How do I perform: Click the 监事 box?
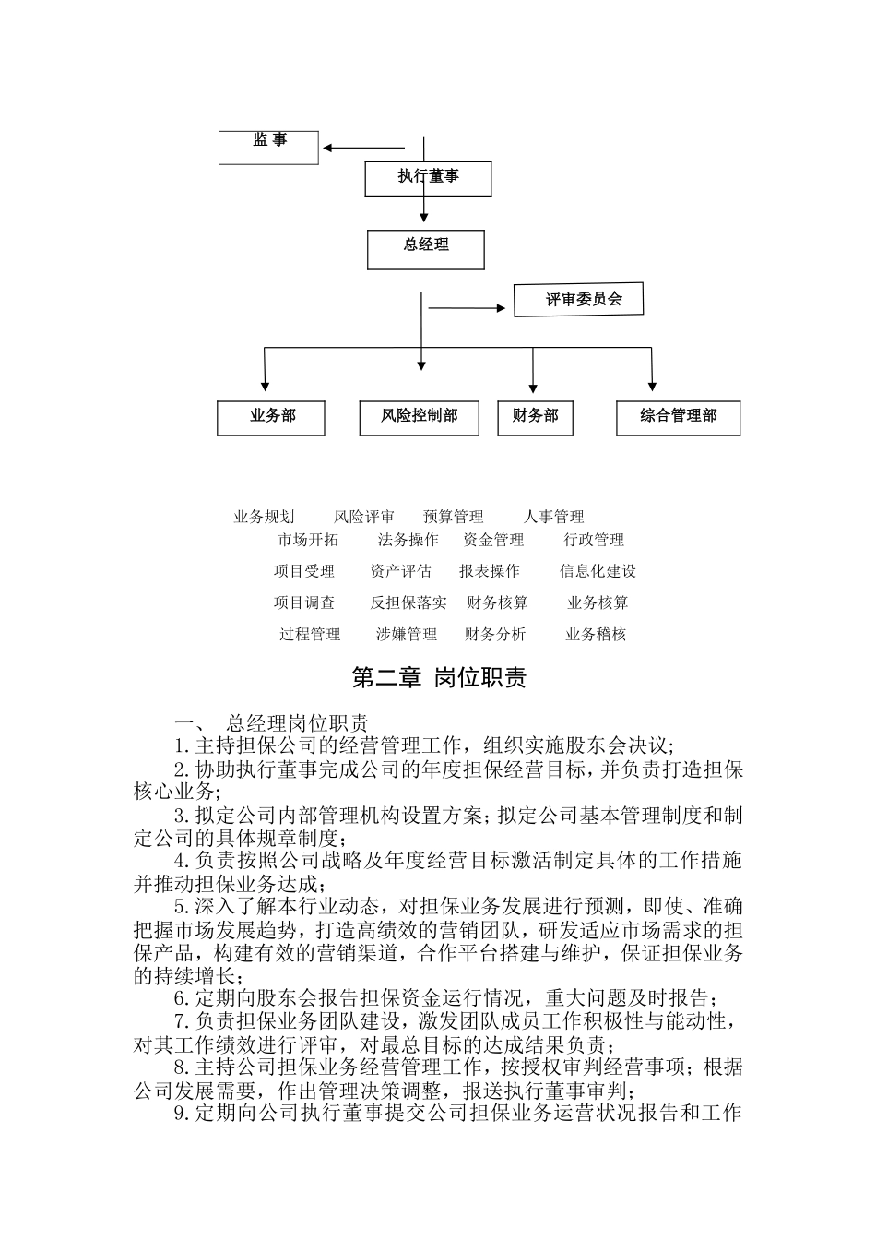click(268, 147)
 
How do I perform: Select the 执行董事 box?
click(428, 178)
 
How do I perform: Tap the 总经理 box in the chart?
click(426, 249)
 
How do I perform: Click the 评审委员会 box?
click(578, 300)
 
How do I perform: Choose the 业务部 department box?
click(272, 417)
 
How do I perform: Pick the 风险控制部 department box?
click(420, 417)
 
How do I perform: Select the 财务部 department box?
click(535, 417)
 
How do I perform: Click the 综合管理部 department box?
click(679, 417)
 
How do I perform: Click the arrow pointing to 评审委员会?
click(469, 309)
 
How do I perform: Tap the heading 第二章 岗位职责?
click(439, 678)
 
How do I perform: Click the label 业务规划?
click(264, 517)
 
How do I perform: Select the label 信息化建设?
click(598, 571)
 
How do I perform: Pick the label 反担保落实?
click(408, 602)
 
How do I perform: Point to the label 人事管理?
click(553, 517)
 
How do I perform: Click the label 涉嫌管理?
click(407, 634)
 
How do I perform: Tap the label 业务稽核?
click(596, 634)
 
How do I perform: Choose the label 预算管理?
click(454, 517)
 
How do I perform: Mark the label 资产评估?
click(400, 571)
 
